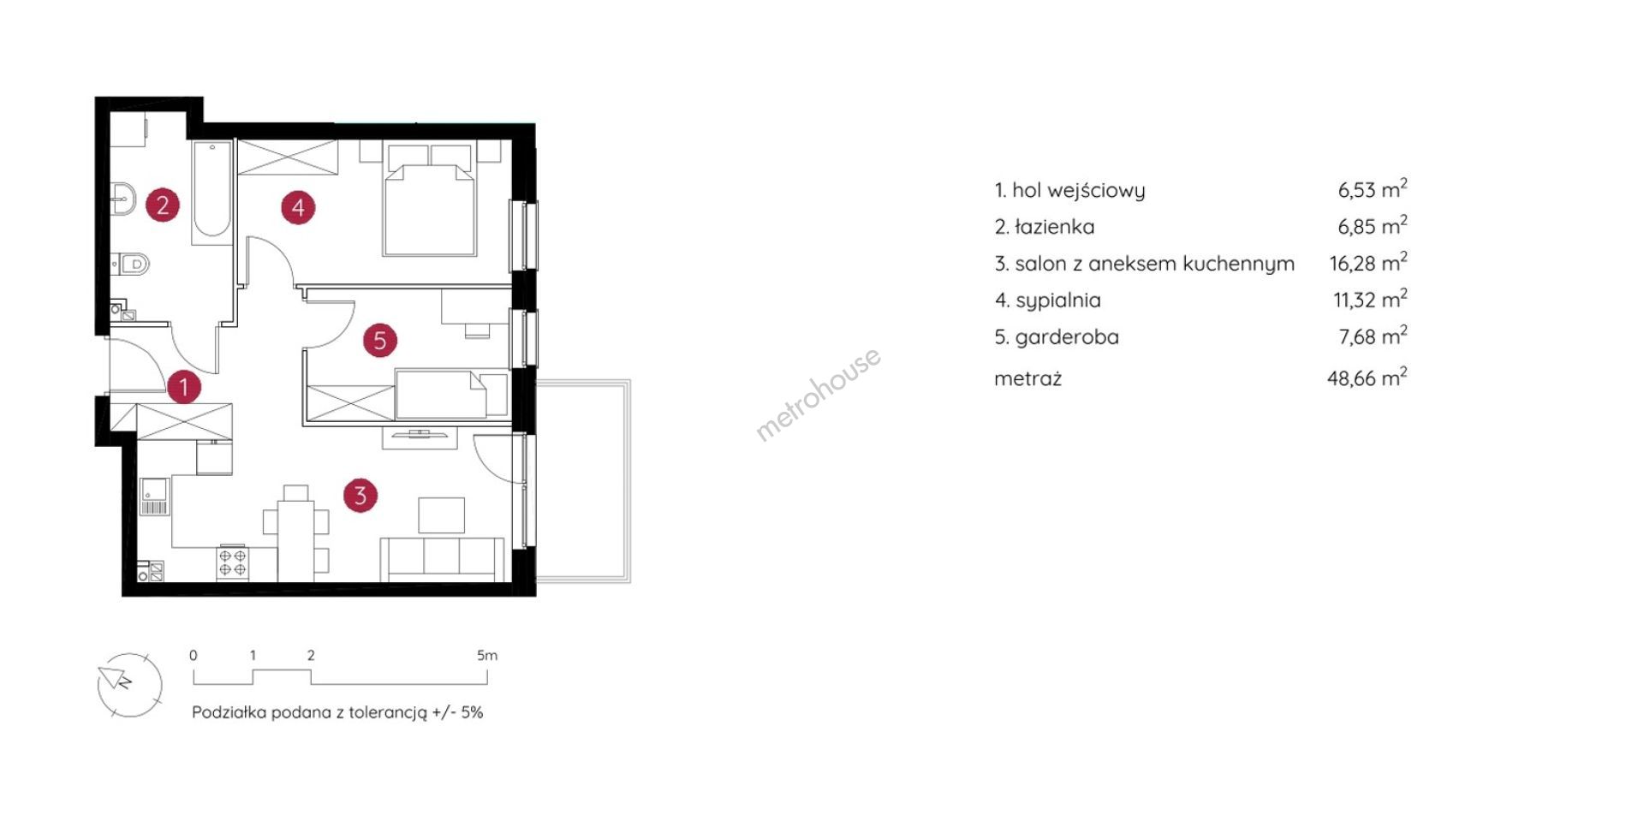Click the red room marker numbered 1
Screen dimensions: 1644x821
(x=183, y=386)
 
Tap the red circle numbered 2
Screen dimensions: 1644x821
(x=163, y=205)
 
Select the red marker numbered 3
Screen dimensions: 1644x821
(x=360, y=495)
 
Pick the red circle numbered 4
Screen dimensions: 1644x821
(x=298, y=207)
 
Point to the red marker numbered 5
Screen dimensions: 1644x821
(x=380, y=341)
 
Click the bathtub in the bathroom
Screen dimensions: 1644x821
(x=211, y=189)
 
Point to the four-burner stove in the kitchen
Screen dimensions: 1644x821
(x=233, y=562)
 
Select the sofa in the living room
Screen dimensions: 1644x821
(x=442, y=560)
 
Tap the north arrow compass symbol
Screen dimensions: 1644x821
(x=129, y=685)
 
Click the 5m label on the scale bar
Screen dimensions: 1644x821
(x=486, y=656)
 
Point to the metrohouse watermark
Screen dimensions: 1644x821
(x=818, y=394)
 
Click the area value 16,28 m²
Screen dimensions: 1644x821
(x=1368, y=262)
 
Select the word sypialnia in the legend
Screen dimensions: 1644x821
(x=1058, y=300)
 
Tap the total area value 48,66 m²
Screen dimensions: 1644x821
(x=1367, y=377)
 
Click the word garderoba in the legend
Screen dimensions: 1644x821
(x=1067, y=337)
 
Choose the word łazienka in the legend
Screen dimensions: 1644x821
(x=1055, y=227)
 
